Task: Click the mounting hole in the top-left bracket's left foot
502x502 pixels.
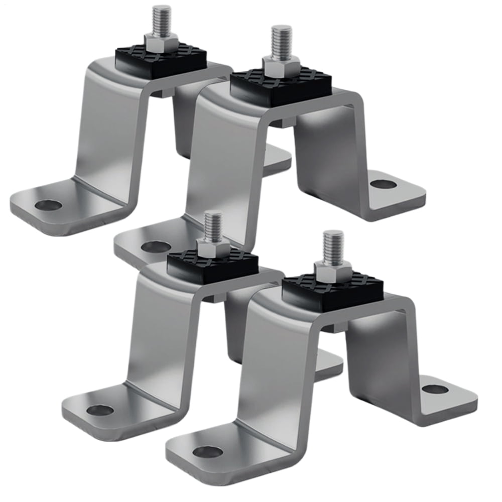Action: (x=49, y=204)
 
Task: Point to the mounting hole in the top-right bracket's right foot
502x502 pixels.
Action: (x=384, y=184)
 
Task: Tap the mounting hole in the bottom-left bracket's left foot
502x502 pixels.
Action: (x=100, y=410)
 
